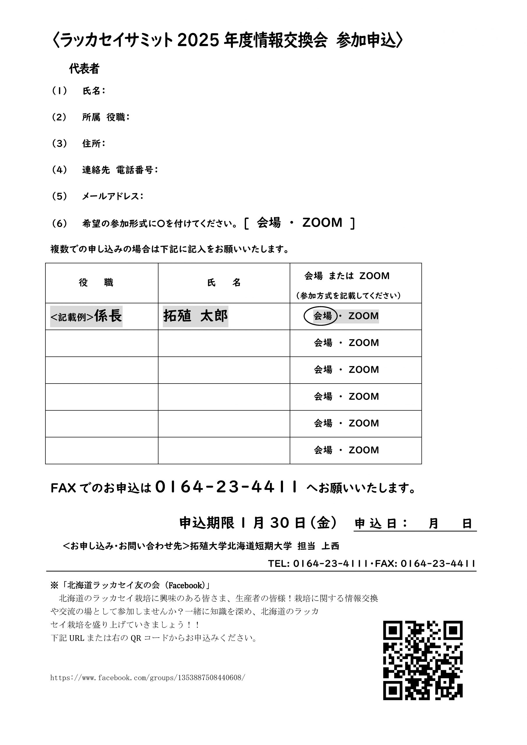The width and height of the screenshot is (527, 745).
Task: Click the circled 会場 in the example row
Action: [x=322, y=316]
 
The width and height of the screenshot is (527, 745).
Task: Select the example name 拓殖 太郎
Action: [x=195, y=316]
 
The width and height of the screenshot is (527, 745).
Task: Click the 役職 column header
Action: [x=96, y=283]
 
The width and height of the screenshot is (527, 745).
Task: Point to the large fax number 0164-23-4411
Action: [x=226, y=487]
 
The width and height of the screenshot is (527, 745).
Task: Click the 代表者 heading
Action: [x=84, y=69]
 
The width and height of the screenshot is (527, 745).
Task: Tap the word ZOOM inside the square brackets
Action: [x=322, y=223]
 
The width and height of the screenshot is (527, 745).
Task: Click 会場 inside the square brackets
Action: [x=268, y=223]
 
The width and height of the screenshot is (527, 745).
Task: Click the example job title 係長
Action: [x=108, y=316]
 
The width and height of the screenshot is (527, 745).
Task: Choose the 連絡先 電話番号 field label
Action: [x=120, y=170]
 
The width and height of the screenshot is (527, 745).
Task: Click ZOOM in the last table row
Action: [x=364, y=450]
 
